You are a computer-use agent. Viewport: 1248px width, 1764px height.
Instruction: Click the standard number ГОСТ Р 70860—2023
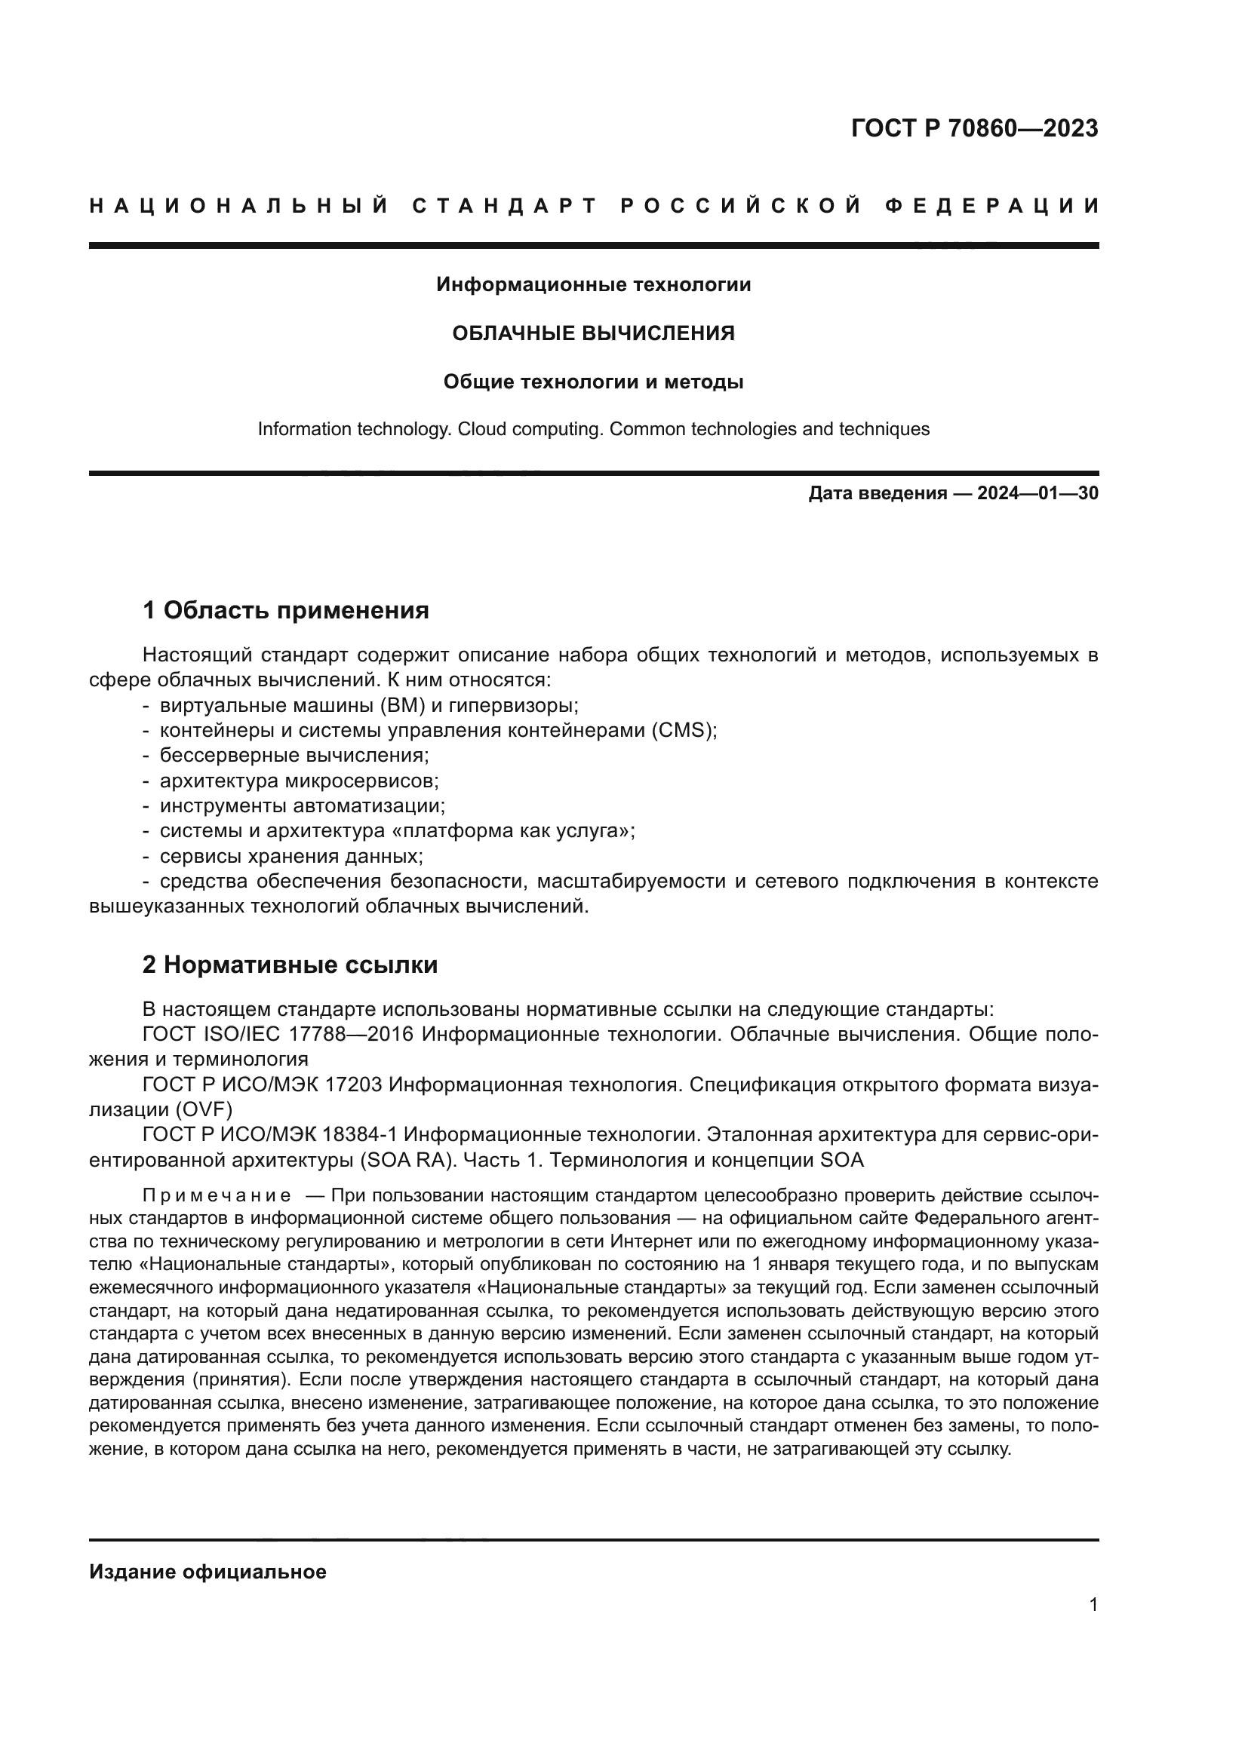click(973, 128)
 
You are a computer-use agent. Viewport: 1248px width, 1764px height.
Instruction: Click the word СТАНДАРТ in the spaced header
click(505, 206)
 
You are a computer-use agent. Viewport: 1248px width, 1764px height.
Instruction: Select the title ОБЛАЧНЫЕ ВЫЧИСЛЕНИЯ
click(592, 333)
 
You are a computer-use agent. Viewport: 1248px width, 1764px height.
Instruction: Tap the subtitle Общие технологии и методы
click(592, 382)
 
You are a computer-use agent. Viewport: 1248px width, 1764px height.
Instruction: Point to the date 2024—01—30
click(1037, 493)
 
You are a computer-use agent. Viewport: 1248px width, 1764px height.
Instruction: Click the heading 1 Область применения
click(285, 611)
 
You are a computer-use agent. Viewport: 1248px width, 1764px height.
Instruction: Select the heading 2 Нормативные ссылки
click(290, 965)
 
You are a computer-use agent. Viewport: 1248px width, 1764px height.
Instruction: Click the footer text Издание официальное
click(207, 1572)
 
